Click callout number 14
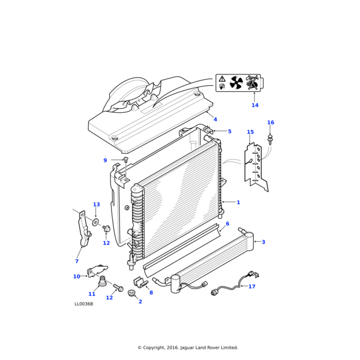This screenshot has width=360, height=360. [x=255, y=106]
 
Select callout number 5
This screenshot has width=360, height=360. [x=229, y=131]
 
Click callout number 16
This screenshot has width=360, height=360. [x=271, y=123]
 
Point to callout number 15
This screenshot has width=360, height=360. [x=250, y=132]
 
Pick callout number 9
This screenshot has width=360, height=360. [x=105, y=160]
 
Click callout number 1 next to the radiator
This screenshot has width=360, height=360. [x=238, y=203]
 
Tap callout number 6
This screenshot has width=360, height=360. [x=227, y=224]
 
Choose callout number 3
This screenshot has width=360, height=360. [x=263, y=242]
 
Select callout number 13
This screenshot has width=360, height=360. [x=97, y=205]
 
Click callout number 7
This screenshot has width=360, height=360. [x=77, y=261]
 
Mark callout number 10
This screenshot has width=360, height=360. [x=76, y=277]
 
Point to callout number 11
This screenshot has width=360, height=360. [x=92, y=294]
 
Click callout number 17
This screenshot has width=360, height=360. [x=252, y=287]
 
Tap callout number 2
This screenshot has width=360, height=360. [x=140, y=301]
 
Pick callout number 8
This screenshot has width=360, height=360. [x=151, y=293]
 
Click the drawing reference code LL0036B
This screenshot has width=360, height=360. [x=83, y=304]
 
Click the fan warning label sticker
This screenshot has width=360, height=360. [x=238, y=82]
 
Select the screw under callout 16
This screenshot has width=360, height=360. [x=271, y=140]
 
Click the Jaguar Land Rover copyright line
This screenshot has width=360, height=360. [x=188, y=347]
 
